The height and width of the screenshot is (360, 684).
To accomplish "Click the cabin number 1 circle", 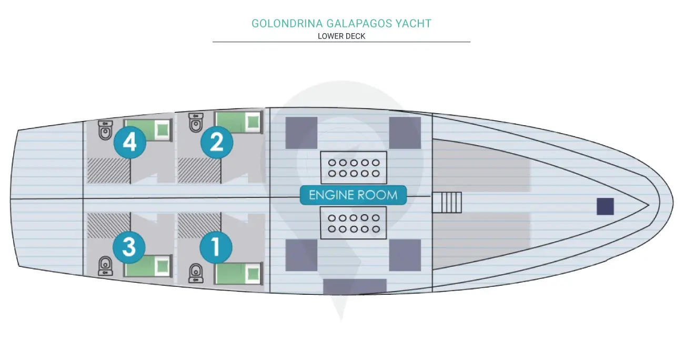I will (216, 247).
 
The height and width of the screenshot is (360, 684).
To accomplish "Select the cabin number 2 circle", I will (217, 143).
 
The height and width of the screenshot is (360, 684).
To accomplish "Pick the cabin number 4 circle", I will (129, 143).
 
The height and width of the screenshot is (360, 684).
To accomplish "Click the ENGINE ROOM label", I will (353, 195).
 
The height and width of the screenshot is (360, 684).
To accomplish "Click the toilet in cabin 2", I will (196, 124).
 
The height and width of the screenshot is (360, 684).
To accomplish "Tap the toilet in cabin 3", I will (106, 266).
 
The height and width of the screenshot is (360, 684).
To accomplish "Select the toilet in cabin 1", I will (196, 272).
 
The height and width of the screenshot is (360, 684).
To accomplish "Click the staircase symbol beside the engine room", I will (447, 203).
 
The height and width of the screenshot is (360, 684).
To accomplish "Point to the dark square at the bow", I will (605, 206).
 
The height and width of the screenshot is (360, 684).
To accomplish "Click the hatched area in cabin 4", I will (108, 170).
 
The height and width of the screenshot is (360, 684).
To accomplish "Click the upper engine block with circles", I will (354, 167).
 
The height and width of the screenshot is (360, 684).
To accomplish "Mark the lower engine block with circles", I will (354, 223).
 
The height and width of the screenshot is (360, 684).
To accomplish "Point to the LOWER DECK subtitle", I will (341, 36).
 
